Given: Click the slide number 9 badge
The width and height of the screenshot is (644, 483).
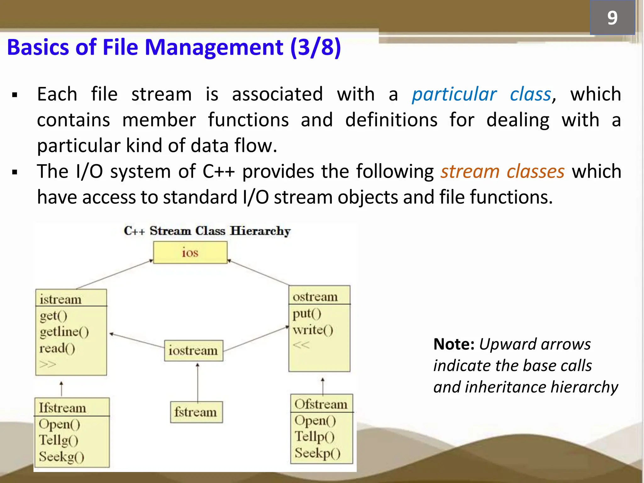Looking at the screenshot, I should [612, 18].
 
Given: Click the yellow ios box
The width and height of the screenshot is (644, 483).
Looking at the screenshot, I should [190, 253].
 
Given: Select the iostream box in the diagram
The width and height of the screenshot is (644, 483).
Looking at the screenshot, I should [193, 351].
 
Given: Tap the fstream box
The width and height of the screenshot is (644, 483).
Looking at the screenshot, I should [196, 412].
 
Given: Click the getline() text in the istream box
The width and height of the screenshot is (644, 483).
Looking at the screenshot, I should [64, 332].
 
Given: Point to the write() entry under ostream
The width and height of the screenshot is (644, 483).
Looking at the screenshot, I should [313, 330].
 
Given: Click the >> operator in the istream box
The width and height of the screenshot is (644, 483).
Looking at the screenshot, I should [47, 364].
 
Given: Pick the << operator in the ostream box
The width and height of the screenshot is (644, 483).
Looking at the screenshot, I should [301, 345].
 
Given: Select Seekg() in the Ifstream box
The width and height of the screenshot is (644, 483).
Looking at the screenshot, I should [61, 457].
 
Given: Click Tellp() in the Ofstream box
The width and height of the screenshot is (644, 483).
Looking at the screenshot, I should [314, 437].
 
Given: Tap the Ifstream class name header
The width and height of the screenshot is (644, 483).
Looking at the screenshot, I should [62, 408].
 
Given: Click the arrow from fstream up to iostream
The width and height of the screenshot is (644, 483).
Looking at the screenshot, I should [197, 382].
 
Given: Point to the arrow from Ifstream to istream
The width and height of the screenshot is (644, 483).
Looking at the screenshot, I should [61, 389].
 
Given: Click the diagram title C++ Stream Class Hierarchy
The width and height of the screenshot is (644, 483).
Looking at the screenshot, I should [207, 231].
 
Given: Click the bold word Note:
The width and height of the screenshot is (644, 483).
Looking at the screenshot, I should [453, 344].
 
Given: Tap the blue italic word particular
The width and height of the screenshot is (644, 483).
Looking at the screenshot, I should [454, 94].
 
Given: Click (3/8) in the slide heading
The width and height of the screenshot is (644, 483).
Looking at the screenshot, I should [315, 47].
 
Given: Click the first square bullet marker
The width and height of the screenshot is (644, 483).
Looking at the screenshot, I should [14, 95].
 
